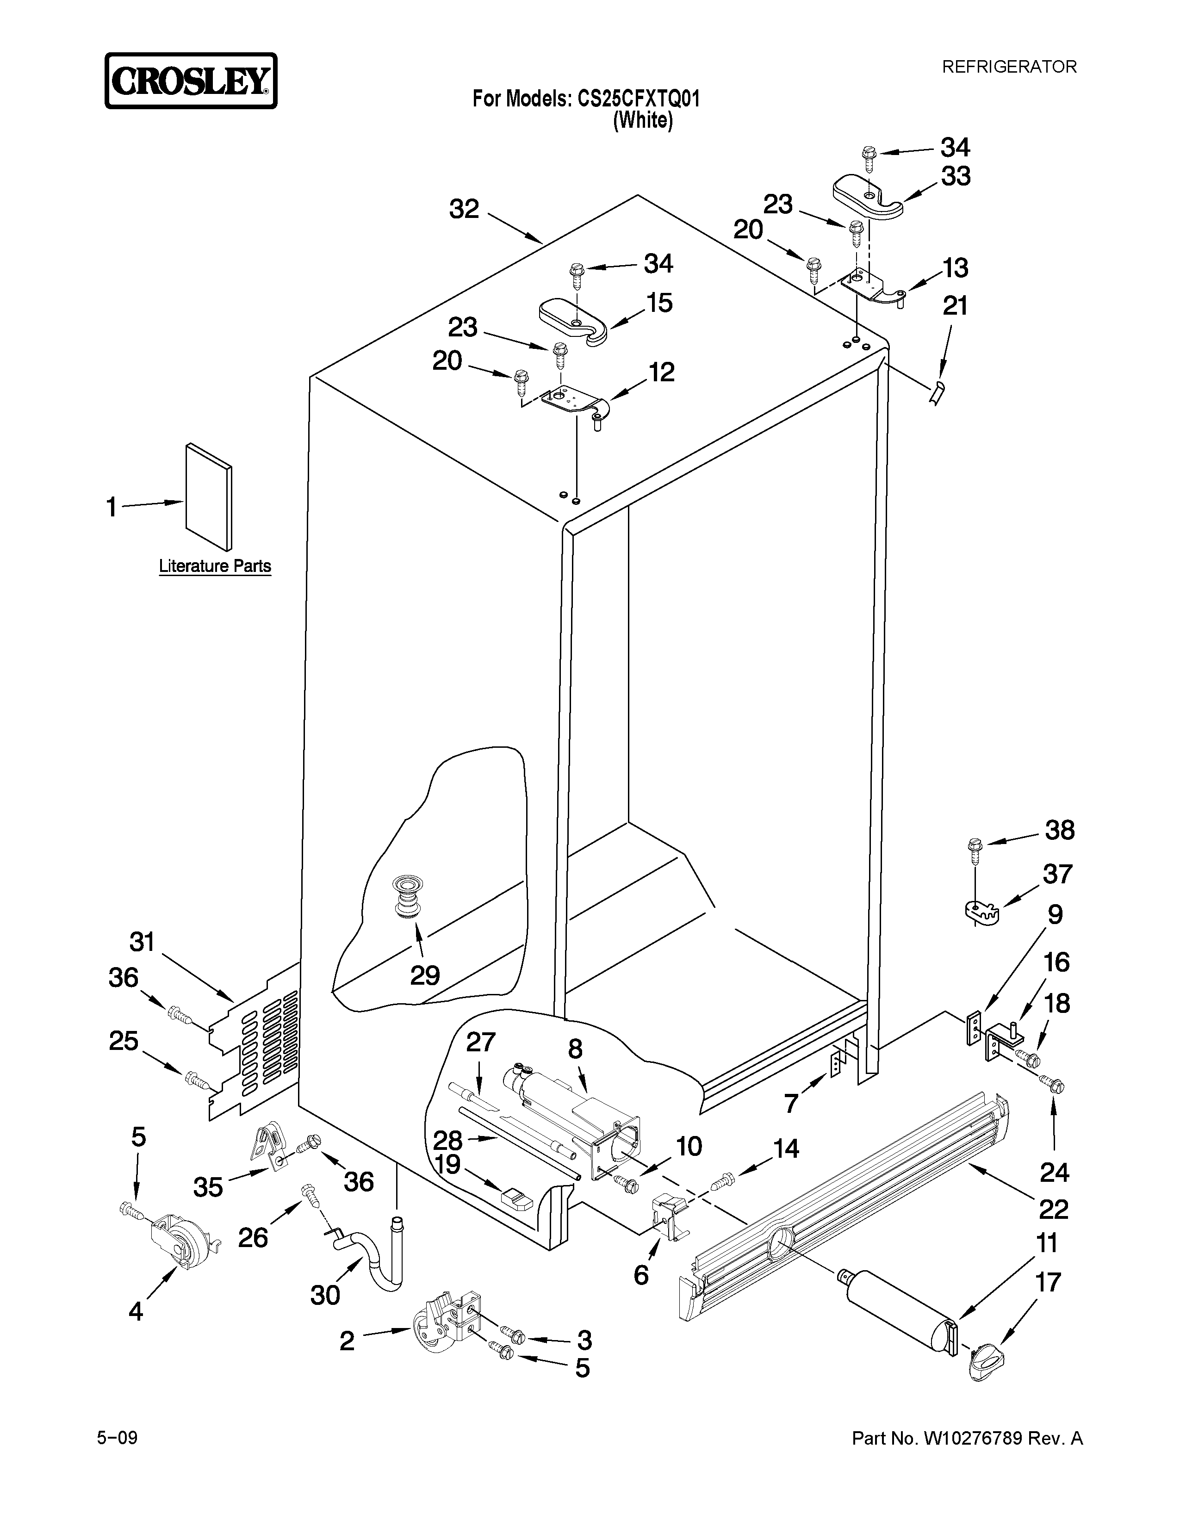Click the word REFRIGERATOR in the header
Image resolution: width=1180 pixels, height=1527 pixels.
1009,67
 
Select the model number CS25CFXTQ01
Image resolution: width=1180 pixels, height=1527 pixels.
638,99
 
